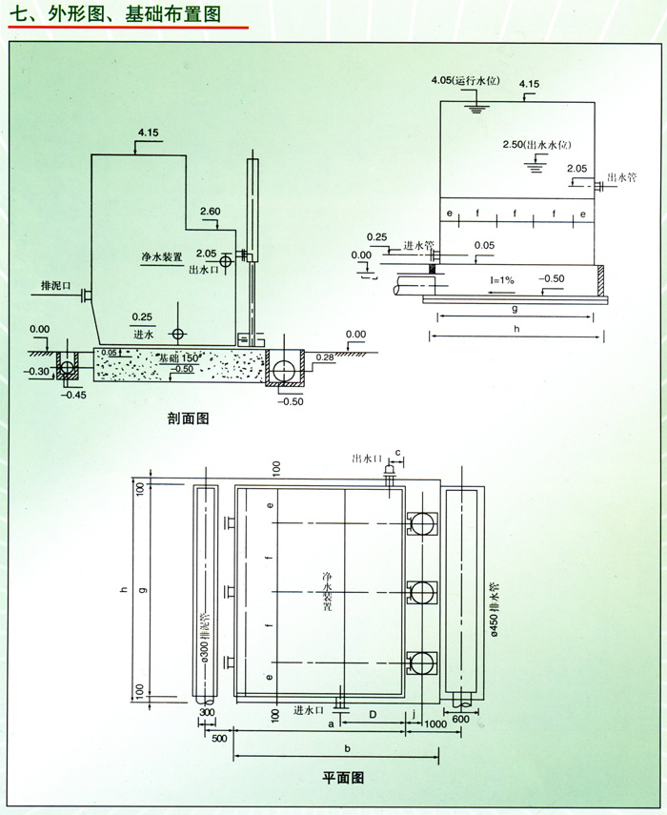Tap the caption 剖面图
click(188, 418)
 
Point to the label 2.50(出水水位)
click(536, 144)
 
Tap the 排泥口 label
click(57, 284)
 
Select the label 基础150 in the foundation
click(178, 357)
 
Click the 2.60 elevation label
click(211, 210)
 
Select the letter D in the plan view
click(374, 712)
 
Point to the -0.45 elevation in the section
click(72, 391)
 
